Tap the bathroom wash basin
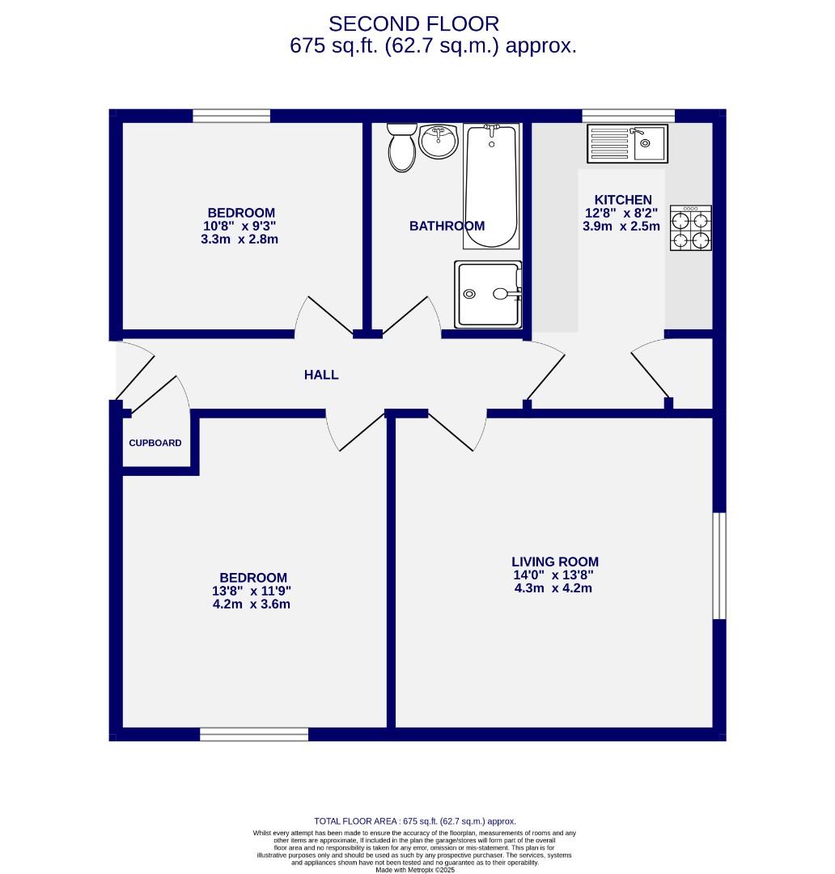[x=439, y=142]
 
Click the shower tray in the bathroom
[x=488, y=295]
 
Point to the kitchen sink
[x=628, y=143]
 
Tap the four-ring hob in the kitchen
[x=690, y=228]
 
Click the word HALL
[x=321, y=375]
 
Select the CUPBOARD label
[x=155, y=443]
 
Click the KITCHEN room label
[x=623, y=200]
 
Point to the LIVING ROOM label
[x=555, y=562]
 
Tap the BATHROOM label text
[x=447, y=226]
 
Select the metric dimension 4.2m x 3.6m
[x=252, y=604]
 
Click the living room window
[x=718, y=566]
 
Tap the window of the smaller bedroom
[x=231, y=116]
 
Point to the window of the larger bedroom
[x=254, y=734]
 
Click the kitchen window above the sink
[x=628, y=116]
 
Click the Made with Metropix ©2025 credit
[x=414, y=870]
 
